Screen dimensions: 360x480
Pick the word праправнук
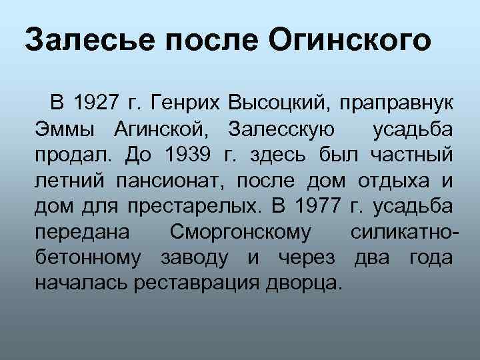[x=397, y=103]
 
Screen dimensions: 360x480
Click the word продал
[x=75, y=155]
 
